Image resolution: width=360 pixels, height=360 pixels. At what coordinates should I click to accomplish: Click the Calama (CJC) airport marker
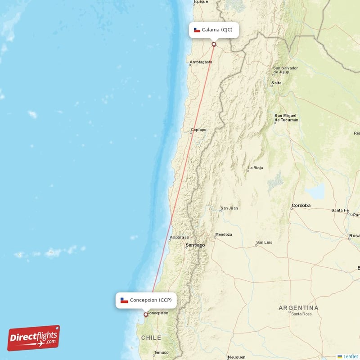[214, 44]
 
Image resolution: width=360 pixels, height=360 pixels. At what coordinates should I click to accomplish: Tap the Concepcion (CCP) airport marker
[145, 315]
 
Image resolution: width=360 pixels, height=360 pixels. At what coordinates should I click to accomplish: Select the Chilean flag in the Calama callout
[197, 30]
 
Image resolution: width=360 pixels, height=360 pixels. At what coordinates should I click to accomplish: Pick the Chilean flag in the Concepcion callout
[124, 300]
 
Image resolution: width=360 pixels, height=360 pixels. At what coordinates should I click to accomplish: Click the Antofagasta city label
[200, 62]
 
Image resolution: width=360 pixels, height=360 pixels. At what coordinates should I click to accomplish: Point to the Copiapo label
[198, 130]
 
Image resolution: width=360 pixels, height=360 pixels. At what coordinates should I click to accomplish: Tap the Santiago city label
[195, 245]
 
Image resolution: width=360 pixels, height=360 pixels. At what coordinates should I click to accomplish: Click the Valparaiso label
[179, 237]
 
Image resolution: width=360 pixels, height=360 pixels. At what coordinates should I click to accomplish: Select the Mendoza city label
[224, 234]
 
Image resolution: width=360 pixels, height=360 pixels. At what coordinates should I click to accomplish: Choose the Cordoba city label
[301, 206]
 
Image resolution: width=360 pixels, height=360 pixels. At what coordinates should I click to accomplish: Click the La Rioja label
[255, 169]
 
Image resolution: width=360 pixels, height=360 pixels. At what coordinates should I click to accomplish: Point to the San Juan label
[229, 208]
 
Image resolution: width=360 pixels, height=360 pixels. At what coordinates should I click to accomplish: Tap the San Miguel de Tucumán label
[287, 118]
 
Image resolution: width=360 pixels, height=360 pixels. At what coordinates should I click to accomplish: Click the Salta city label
[276, 83]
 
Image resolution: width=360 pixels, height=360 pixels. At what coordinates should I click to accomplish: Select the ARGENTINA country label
[298, 308]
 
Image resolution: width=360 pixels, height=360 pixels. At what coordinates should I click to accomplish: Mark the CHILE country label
[151, 337]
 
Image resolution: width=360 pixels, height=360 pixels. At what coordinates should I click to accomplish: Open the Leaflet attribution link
[351, 356]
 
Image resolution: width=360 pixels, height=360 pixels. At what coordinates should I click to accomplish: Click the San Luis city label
[264, 243]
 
